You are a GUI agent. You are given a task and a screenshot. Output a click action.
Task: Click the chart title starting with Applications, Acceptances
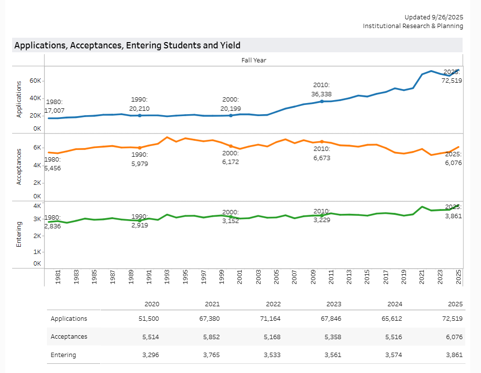click(127, 45)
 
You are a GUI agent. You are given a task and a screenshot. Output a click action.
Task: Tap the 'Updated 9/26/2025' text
click(434, 17)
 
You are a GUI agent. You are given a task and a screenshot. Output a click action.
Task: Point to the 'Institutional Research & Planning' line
click(413, 26)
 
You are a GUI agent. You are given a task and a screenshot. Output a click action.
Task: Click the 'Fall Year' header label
click(254, 60)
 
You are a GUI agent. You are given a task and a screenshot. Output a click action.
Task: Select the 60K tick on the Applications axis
click(35, 80)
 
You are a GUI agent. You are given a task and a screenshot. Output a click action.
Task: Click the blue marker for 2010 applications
click(322, 101)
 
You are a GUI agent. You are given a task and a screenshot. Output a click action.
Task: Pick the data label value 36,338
click(321, 94)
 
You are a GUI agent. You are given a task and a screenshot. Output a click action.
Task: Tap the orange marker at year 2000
click(231, 146)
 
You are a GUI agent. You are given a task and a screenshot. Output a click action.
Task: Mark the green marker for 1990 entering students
click(140, 221)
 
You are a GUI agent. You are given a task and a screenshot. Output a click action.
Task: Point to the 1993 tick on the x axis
click(167, 277)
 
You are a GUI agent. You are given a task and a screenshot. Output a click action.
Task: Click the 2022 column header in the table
click(273, 304)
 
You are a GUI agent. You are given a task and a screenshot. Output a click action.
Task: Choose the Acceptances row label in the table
click(69, 337)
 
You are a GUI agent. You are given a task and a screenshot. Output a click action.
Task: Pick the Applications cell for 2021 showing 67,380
click(209, 319)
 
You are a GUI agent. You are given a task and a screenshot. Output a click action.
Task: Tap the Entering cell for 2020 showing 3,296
click(150, 355)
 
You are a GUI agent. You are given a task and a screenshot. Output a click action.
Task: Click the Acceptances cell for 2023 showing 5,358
click(332, 337)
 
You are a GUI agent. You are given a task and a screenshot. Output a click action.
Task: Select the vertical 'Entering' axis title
click(19, 235)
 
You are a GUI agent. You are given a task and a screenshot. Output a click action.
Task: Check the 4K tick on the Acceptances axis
click(37, 165)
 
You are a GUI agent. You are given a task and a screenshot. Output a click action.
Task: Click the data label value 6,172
click(230, 162)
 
